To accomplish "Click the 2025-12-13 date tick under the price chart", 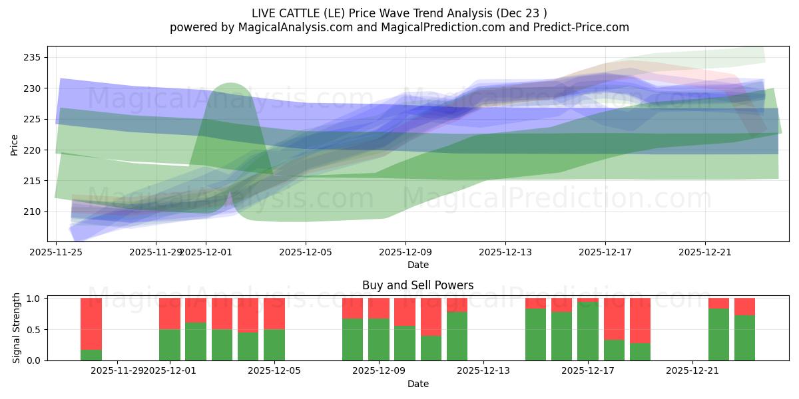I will [x=505, y=253].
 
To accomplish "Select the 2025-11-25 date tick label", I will [x=56, y=253].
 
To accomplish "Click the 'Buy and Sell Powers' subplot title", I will [x=417, y=285].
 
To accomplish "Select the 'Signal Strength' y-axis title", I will [x=17, y=330].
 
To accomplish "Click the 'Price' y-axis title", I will [x=15, y=144].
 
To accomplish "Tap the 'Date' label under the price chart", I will [x=417, y=265].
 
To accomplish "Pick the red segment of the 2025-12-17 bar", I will [x=588, y=300].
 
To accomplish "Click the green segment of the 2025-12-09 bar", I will [x=378, y=340].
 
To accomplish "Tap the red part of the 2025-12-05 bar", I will [x=274, y=313].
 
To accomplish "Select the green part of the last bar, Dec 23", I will [x=744, y=338].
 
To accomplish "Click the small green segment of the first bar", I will [x=91, y=355].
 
